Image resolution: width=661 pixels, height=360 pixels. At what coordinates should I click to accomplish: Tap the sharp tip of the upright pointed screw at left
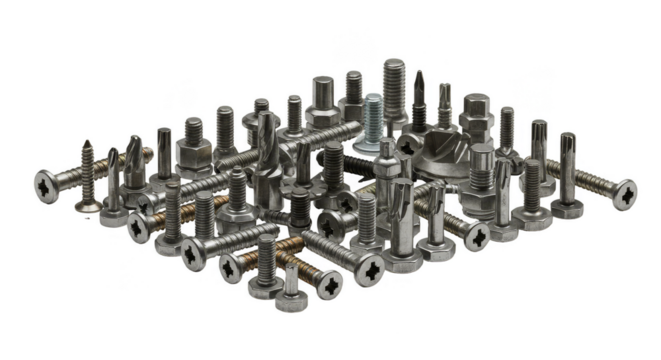(88, 144)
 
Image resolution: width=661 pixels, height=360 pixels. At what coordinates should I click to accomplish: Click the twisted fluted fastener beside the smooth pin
(131, 165)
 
